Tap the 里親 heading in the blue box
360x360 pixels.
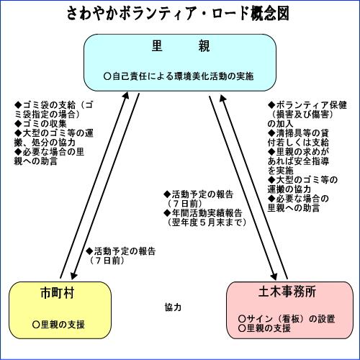pyautogui.click(x=181, y=46)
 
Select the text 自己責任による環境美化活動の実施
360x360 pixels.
pyautogui.click(x=183, y=76)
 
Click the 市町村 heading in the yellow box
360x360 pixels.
pyautogui.click(x=58, y=293)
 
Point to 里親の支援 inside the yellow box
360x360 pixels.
pyautogui.click(x=63, y=325)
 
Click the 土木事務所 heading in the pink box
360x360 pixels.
pyautogui.click(x=287, y=292)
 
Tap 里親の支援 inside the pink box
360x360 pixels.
pyautogui.click(x=269, y=328)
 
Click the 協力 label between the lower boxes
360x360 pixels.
pyautogui.click(x=173, y=307)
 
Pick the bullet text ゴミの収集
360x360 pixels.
pyautogui.click(x=45, y=124)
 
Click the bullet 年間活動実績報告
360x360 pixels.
pyautogui.click(x=207, y=213)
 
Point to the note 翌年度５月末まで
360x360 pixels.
pyautogui.click(x=207, y=222)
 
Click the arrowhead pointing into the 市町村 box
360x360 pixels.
pyautogui.click(x=73, y=276)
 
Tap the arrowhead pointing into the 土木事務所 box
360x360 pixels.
pyautogui.click(x=274, y=276)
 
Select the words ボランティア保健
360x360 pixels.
pyautogui.click(x=311, y=105)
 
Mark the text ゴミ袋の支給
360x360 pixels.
pyautogui.click(x=49, y=105)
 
